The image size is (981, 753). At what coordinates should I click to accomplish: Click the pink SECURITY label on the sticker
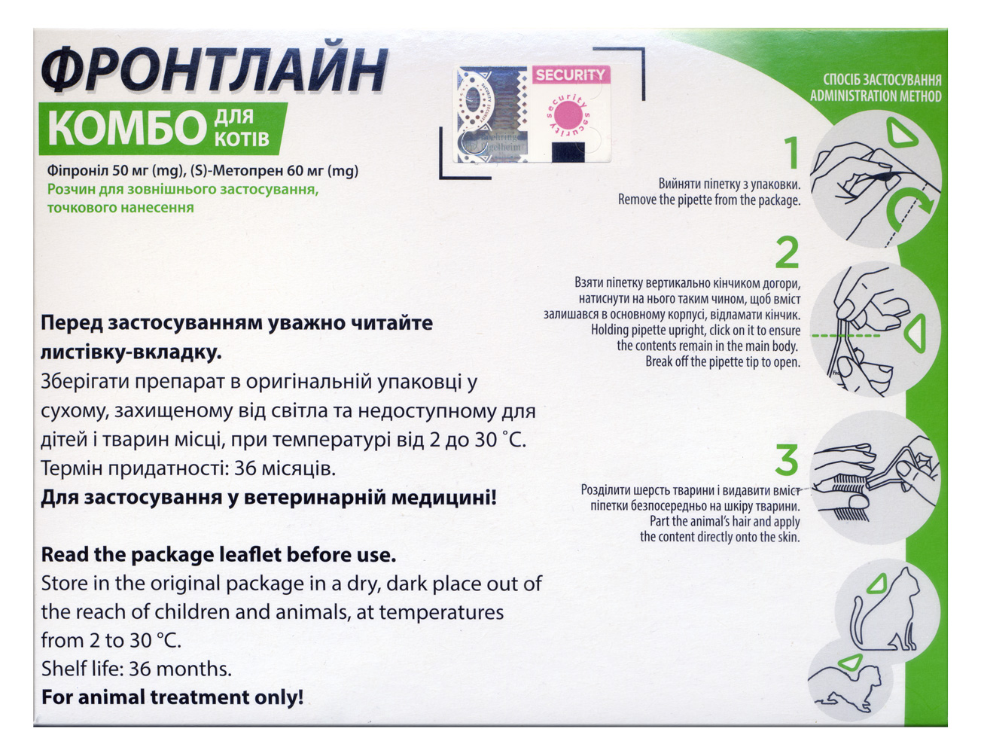coord(571,75)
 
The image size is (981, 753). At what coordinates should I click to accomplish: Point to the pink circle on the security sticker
coord(568,114)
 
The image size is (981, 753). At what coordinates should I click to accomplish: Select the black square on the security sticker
coord(568,151)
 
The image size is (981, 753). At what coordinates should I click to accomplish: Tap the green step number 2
coord(787,252)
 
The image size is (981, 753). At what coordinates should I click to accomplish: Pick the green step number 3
coord(787,460)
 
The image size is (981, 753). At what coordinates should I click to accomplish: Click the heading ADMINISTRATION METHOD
coord(876,96)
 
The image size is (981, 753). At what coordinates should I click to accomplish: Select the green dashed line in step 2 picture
coord(845,336)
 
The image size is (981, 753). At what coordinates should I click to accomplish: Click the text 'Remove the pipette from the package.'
coord(708,200)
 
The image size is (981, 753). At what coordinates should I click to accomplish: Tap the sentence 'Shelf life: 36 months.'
coord(136,669)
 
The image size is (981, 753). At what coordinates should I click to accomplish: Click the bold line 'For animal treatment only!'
coord(172,697)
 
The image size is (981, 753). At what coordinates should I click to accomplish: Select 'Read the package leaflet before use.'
coord(218,555)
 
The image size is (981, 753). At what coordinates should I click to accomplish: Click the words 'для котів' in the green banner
coord(242,128)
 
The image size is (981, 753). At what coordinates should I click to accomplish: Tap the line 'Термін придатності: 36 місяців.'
coord(188,468)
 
